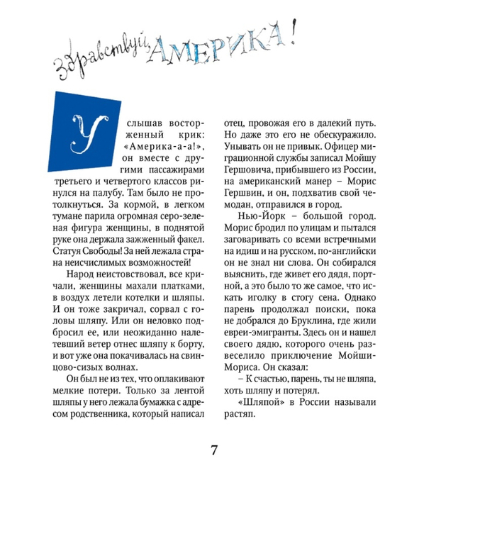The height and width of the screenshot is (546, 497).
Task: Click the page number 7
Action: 213,451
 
